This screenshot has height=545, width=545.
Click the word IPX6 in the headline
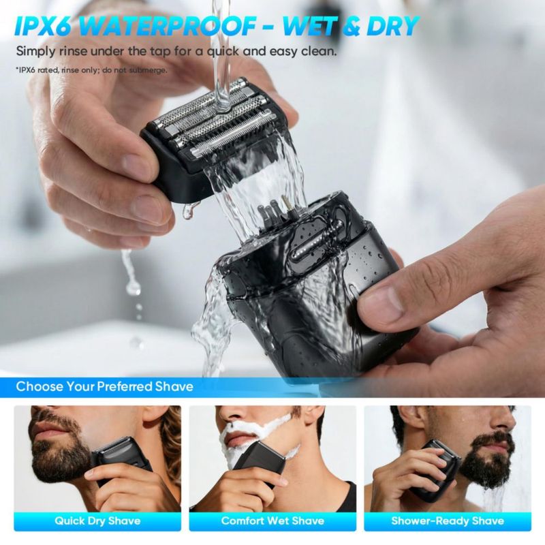pos(44,26)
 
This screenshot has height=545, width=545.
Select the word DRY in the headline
pos(391,26)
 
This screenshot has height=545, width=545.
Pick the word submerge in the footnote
pos(149,70)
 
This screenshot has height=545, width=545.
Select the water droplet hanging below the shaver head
pos(188,211)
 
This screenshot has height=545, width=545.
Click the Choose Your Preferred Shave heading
pos(105,386)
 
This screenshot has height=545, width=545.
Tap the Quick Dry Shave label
pos(97,520)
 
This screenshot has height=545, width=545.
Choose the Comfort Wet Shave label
pos(272,520)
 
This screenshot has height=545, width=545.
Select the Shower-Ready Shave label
pos(448,520)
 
